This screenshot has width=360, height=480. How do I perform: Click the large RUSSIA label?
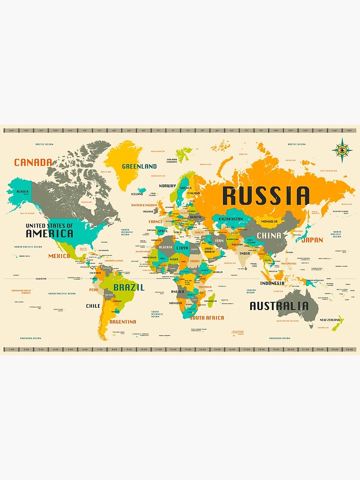point(265,196)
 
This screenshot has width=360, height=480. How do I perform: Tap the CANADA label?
point(33,162)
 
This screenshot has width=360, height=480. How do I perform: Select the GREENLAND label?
point(139,166)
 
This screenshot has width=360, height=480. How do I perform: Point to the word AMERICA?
point(49,234)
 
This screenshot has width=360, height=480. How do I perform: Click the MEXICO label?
point(59,256)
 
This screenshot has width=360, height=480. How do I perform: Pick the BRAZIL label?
point(129,288)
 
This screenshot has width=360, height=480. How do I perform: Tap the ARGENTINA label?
point(122,322)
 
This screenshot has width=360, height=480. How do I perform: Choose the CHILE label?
point(93,306)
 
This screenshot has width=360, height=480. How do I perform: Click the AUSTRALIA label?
point(279,306)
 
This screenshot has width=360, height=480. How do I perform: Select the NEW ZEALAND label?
point(330,320)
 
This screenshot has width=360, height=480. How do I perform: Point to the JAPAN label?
point(312,240)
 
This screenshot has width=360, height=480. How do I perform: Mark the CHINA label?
point(269,236)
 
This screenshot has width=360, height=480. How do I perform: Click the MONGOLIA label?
point(269,221)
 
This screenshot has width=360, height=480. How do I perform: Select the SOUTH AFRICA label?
point(207,318)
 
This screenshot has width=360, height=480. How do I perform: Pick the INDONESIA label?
point(272,283)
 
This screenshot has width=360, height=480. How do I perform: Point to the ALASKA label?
point(23,192)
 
